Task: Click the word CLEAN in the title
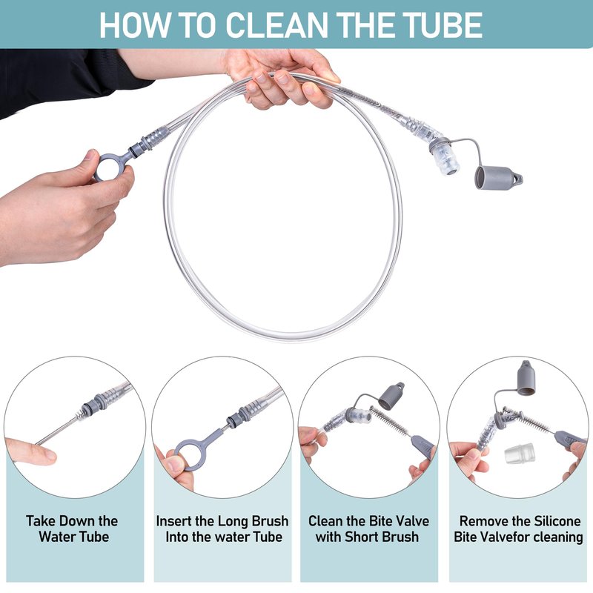pos(277,25)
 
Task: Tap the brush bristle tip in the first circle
pos(80,415)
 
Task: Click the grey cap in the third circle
pos(391,397)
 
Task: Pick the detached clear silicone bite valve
pos(520,453)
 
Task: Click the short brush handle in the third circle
pos(423,447)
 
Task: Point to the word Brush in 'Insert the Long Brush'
pos(270,521)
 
